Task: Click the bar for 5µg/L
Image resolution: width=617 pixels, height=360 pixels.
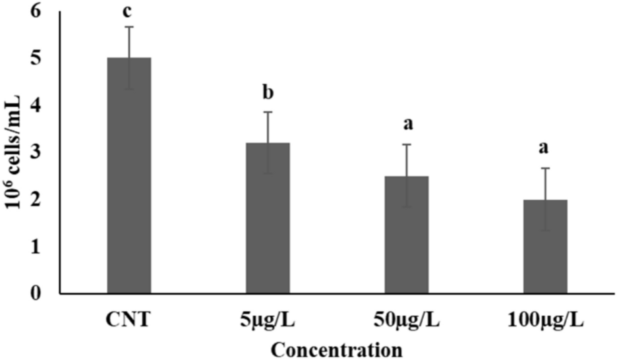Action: (x=268, y=218)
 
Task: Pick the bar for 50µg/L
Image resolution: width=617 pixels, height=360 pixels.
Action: (x=407, y=235)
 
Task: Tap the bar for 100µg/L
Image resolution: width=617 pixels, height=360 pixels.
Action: (x=545, y=247)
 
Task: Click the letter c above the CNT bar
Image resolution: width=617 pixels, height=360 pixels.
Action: (x=129, y=12)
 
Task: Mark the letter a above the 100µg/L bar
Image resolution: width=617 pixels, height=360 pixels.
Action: (x=545, y=148)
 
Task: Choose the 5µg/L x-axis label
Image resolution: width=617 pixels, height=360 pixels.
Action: (x=268, y=322)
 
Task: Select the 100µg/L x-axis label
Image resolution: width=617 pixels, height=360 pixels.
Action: (x=545, y=322)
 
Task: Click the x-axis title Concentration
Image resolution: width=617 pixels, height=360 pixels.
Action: (x=338, y=348)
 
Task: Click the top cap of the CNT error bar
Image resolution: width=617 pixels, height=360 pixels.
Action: (x=129, y=27)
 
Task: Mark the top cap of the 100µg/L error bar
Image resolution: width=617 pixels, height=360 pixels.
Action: (x=545, y=169)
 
